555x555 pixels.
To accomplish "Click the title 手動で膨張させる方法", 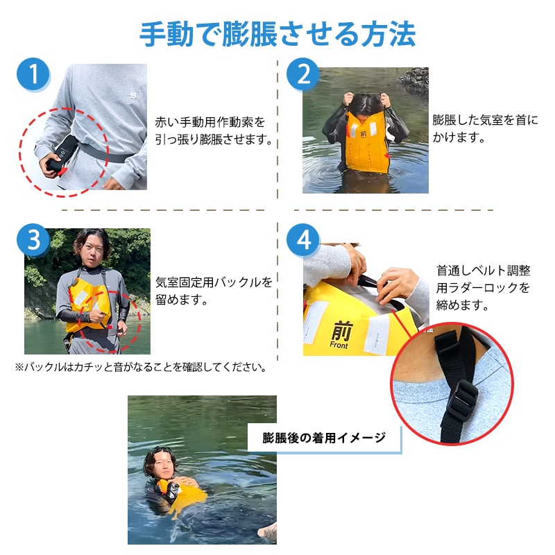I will coord(277,33).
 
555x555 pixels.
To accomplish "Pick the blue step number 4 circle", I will coord(303,240).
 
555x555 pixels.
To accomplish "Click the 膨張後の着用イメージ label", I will coord(324,438).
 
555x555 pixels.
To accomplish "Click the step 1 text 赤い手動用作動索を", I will coord(210,123).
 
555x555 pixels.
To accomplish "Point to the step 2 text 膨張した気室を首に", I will coord(485,120).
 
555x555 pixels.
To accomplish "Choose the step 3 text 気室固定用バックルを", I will coord(214,283).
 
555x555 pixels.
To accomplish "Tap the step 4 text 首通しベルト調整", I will coord(484,271).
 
